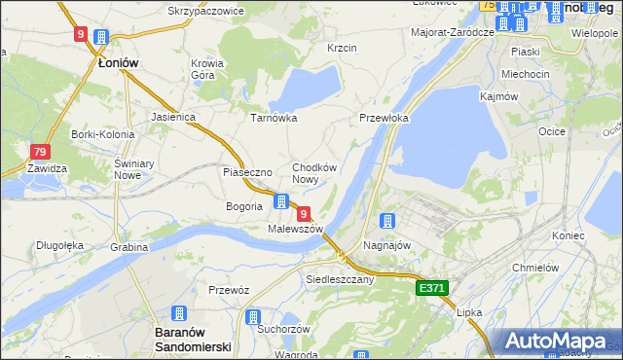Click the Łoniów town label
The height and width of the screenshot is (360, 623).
119,62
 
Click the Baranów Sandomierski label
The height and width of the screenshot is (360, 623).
192,340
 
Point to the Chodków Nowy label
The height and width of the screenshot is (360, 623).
314,173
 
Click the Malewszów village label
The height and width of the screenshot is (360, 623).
295,229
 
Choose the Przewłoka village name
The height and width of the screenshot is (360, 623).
384,118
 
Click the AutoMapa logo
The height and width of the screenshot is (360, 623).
558,342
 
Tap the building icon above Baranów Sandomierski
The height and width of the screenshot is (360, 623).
179,313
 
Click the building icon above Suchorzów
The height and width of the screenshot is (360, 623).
253,317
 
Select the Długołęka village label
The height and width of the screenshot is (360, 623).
60,245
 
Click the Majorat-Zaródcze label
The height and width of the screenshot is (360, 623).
454,32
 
